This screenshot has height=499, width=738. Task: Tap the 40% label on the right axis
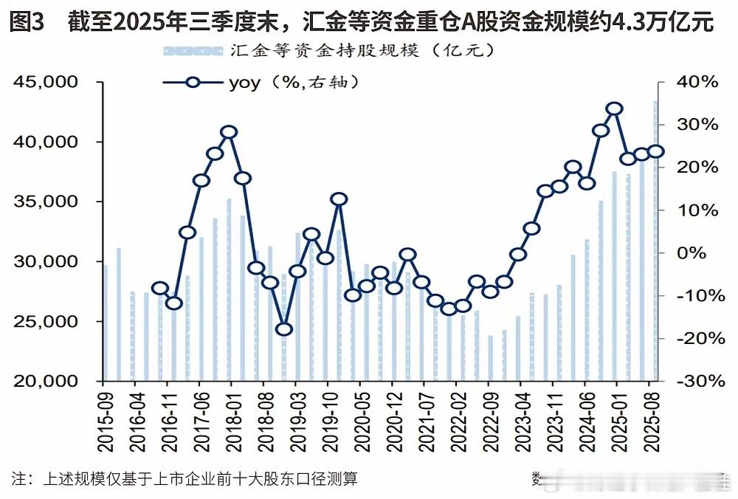point(696,82)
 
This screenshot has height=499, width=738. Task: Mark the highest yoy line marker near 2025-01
point(615,109)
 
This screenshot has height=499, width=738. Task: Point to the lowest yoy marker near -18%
point(284,329)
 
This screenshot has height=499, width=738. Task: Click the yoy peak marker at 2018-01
point(229,133)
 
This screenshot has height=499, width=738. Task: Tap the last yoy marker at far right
point(656,151)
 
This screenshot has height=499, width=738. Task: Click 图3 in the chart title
point(27,22)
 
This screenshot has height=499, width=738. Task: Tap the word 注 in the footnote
point(20,478)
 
